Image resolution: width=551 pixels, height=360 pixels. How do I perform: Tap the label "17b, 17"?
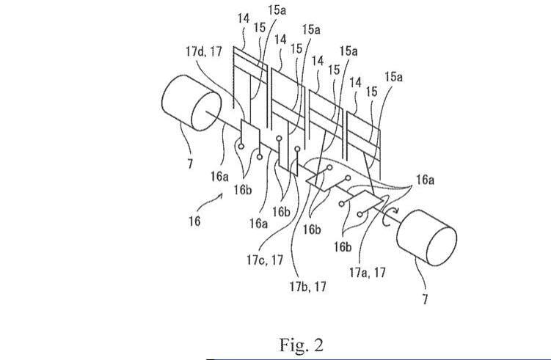pos(308,287)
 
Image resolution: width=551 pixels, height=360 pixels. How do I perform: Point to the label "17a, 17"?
pos(367,271)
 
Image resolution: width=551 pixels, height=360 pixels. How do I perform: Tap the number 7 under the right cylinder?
pos(424,298)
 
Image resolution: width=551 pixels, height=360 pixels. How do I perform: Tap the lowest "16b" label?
pos(343,246)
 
